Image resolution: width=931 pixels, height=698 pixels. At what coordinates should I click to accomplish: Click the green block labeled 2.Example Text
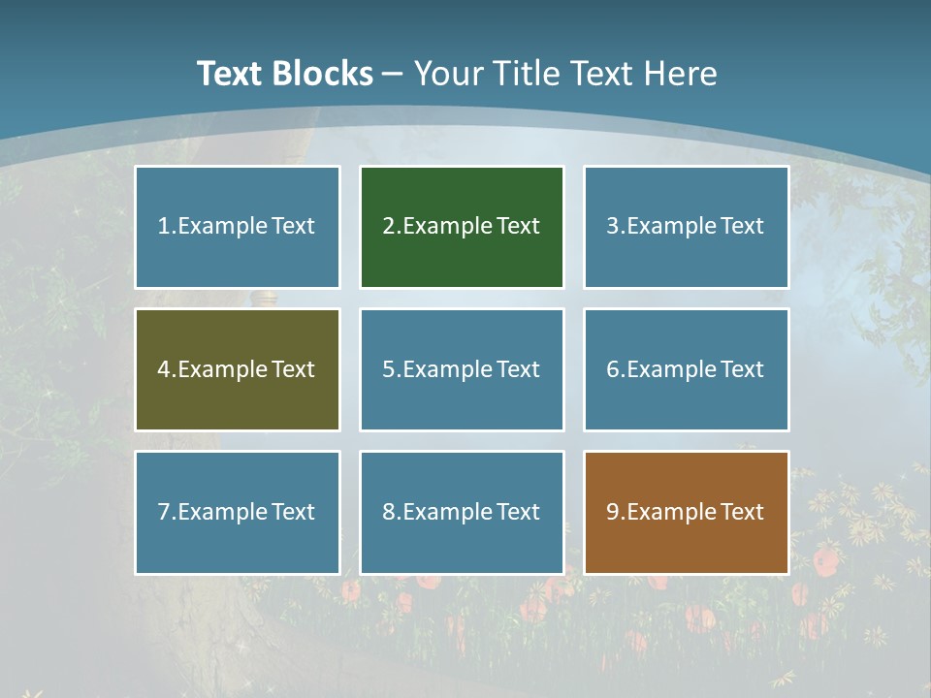click(x=462, y=227)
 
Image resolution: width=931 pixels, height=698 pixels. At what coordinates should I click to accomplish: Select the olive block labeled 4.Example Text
click(x=238, y=369)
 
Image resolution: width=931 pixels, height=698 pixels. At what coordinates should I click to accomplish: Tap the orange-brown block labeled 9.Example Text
click(x=686, y=512)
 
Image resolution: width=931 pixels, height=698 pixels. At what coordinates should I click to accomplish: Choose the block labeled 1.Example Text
click(x=238, y=227)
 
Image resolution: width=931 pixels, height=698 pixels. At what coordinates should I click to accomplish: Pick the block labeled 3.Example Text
click(x=686, y=227)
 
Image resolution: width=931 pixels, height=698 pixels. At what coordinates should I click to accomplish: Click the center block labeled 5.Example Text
click(x=462, y=369)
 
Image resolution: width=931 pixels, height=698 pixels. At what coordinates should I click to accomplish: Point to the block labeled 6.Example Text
click(x=686, y=369)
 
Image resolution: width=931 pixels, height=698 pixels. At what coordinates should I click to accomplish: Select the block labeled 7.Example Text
click(x=238, y=512)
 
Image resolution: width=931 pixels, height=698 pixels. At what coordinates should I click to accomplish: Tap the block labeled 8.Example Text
click(x=462, y=512)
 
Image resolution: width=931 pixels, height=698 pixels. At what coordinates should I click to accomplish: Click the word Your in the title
click(x=447, y=74)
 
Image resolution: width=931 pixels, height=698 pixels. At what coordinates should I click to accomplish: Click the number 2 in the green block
click(x=388, y=227)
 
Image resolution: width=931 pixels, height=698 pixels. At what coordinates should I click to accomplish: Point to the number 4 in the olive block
click(x=164, y=369)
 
